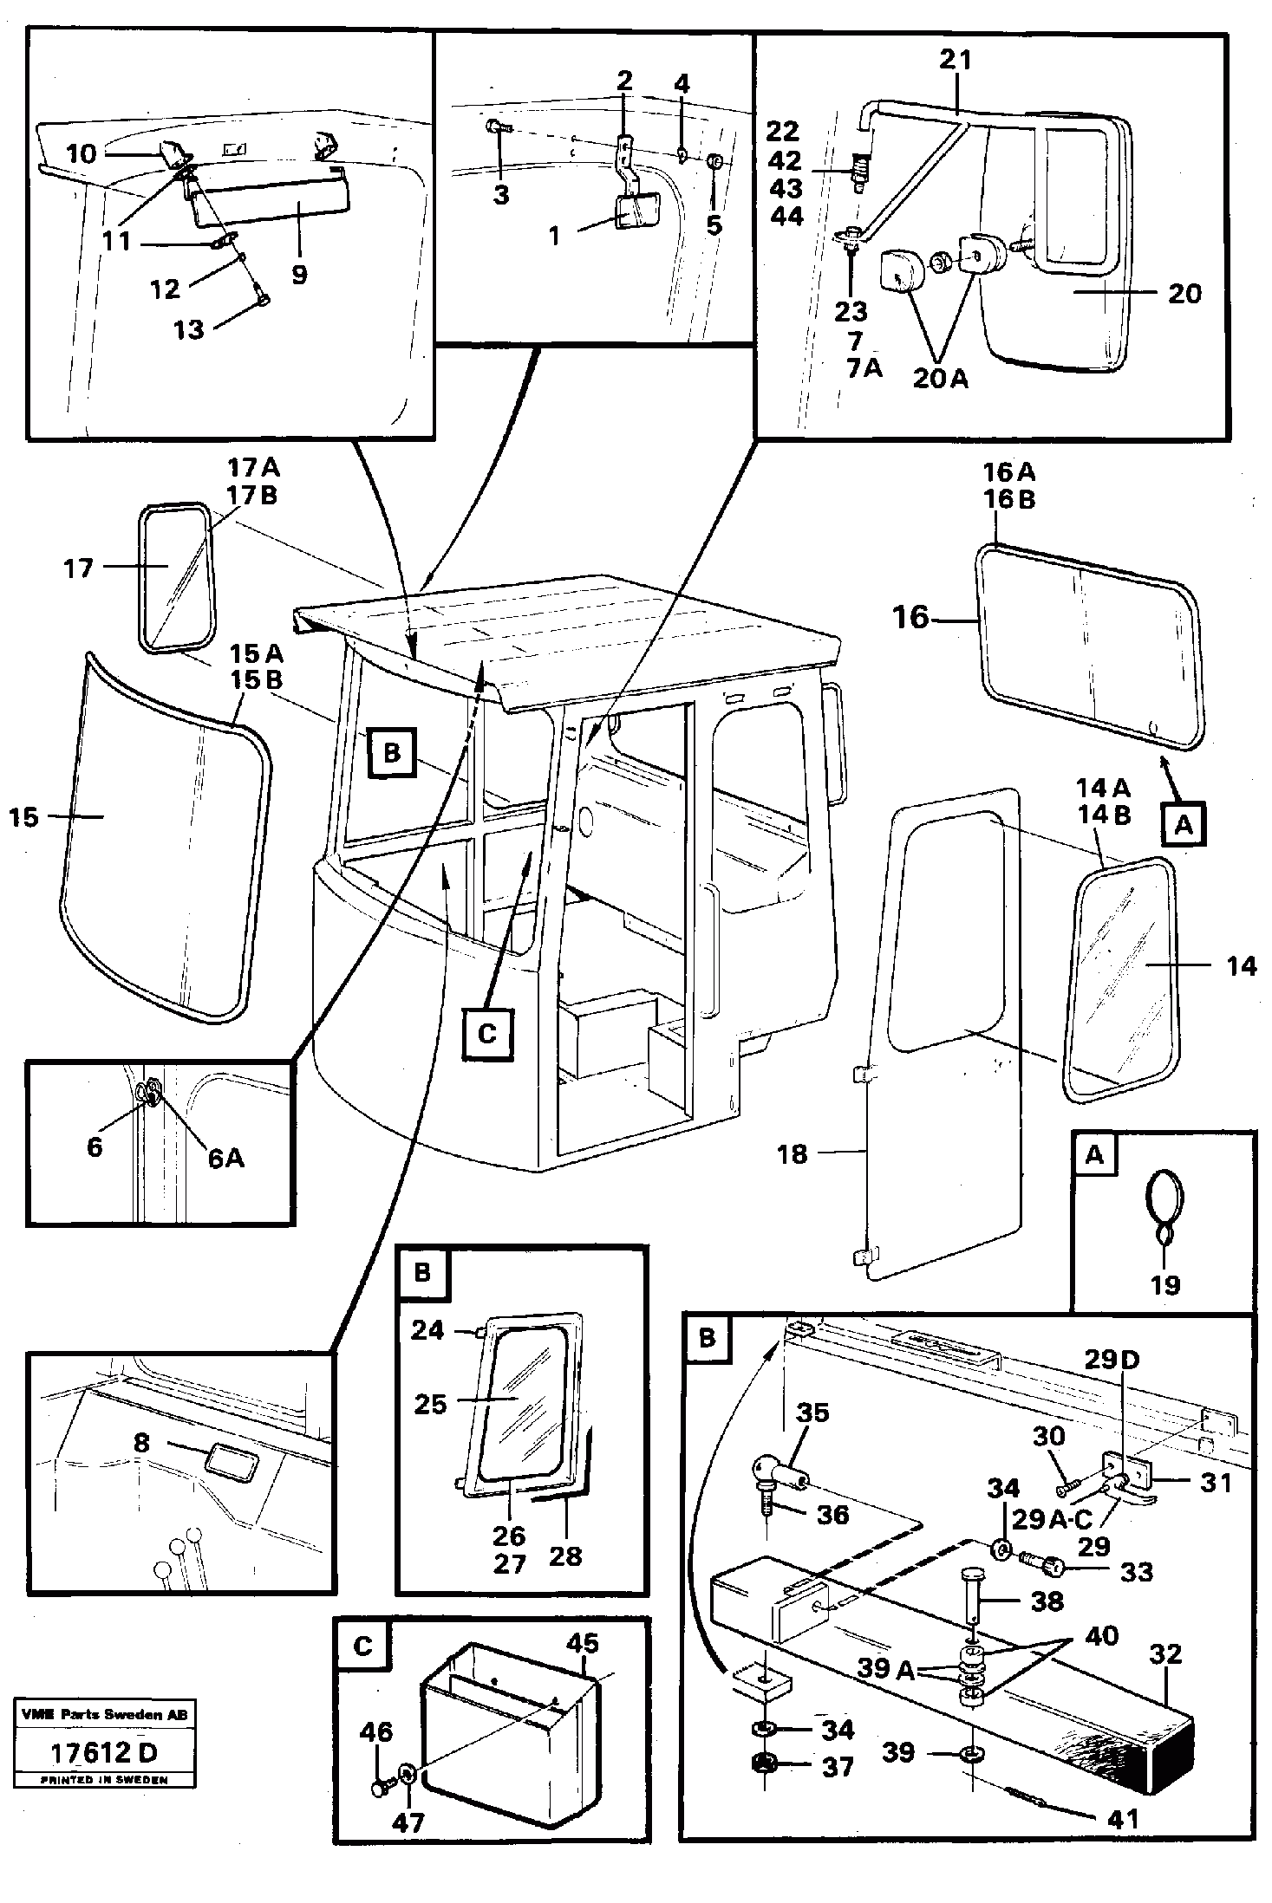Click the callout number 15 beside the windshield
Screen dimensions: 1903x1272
pyautogui.click(x=24, y=817)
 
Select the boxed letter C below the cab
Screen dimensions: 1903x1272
pyautogui.click(x=487, y=1034)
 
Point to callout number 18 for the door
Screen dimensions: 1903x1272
pyautogui.click(x=792, y=1154)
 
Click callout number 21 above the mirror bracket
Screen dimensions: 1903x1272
pyautogui.click(x=955, y=60)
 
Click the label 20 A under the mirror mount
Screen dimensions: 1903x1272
pyautogui.click(x=940, y=380)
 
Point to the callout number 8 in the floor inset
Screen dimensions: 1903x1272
pyautogui.click(x=141, y=1443)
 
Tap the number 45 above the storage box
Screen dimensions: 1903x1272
pyautogui.click(x=582, y=1644)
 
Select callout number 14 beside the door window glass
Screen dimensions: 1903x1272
pyautogui.click(x=1241, y=966)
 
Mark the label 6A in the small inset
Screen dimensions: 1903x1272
pyautogui.click(x=225, y=1158)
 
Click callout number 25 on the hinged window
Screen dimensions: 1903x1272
pyautogui.click(x=429, y=1404)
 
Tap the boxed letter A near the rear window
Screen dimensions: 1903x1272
pyautogui.click(x=1184, y=825)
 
